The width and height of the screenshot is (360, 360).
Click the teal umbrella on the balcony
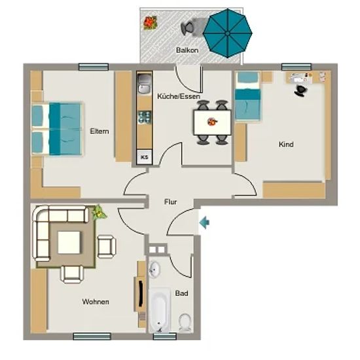point(227,33)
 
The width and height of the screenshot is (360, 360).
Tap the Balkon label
point(187,50)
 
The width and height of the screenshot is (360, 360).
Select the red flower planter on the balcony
point(150,23)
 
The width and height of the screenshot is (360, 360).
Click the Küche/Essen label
point(179,96)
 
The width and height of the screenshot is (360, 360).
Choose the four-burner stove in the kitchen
point(145,117)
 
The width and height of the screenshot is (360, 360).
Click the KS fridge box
point(145,157)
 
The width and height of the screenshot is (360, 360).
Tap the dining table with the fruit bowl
point(212,122)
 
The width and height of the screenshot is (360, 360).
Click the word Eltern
point(99,132)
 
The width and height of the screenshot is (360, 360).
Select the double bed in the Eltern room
point(57,129)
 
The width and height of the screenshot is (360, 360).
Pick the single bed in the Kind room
point(247,96)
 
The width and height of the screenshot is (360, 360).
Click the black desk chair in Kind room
point(301,91)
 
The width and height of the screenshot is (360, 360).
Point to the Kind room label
point(286,145)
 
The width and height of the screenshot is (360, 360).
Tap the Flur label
point(171,202)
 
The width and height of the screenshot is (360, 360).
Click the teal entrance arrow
point(204,223)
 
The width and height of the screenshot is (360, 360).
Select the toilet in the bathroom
point(185,322)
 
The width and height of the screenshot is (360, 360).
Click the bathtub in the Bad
point(159,310)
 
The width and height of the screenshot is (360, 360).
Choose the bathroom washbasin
point(154,269)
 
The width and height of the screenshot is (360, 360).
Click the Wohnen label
point(96,302)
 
